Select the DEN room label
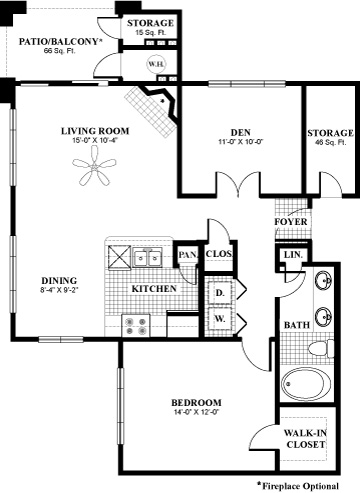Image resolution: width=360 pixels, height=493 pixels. coord(240,133)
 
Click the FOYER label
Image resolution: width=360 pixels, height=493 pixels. coord(291,222)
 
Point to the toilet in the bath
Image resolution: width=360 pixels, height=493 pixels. coord(321,349)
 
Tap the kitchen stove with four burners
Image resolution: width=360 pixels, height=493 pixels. coord(136,326)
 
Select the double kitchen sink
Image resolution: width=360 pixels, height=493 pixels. coord(147,257)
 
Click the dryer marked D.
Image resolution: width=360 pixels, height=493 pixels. coord(220,293)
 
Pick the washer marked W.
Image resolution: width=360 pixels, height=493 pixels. coord(220,319)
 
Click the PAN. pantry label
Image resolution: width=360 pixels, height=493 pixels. coord(188,255)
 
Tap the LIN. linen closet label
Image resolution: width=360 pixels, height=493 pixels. coord(293,255)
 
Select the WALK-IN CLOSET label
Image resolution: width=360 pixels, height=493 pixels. coord(305,439)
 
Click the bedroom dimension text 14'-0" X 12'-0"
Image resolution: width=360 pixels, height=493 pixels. coord(196,412)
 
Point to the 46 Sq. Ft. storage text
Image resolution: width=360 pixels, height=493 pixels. coord(331,142)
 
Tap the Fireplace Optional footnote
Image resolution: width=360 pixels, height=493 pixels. coord(298,486)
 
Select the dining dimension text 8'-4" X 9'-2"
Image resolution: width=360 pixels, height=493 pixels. coord(59,290)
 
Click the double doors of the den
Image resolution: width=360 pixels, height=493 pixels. coord(238,183)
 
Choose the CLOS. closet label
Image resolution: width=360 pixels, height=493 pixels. coord(219,254)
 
